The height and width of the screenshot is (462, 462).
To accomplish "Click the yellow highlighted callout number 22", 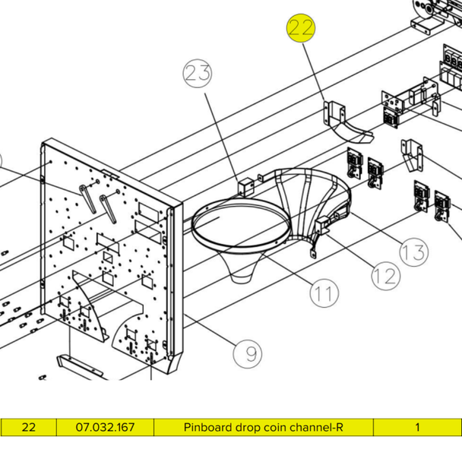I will [300, 30].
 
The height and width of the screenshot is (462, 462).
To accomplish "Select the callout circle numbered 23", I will [196, 74].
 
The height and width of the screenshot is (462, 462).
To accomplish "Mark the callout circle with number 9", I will [248, 353].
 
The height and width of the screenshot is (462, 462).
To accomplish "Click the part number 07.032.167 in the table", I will [105, 428].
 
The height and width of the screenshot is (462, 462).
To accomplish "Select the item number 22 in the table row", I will [28, 428].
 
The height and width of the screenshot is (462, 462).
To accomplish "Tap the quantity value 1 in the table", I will [417, 428].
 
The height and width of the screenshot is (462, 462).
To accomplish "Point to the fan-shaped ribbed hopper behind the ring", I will [308, 201].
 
